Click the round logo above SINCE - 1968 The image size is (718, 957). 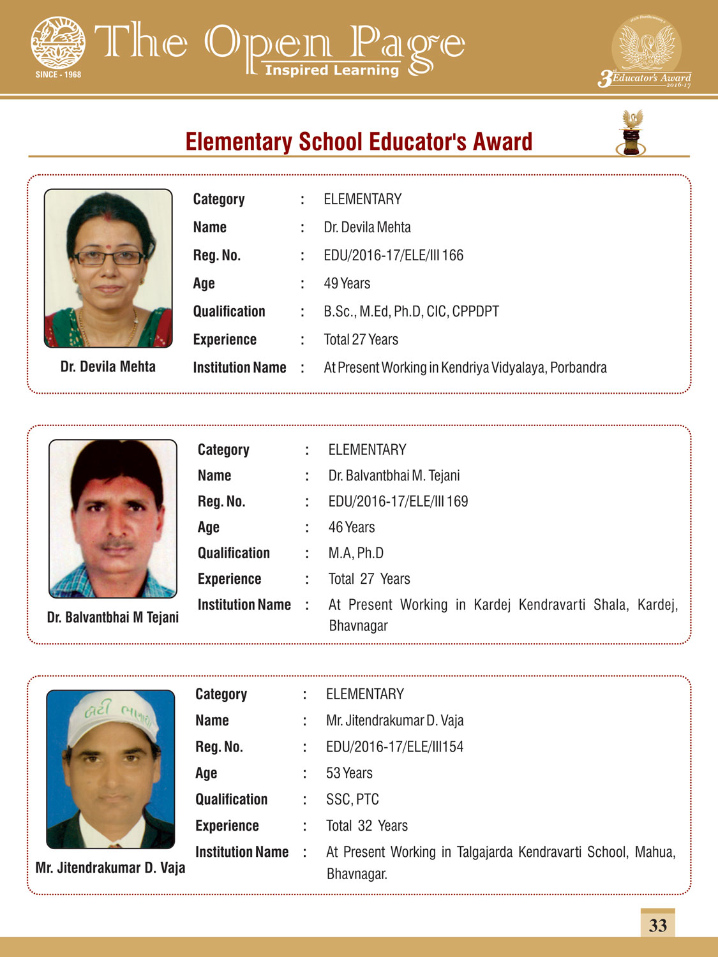(58, 43)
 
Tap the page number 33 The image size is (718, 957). (657, 925)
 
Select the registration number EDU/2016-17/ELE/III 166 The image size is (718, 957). (393, 255)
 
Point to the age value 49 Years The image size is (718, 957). (347, 283)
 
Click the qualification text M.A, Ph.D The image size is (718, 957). (355, 553)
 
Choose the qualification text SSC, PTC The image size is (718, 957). (352, 799)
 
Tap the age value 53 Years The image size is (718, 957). (349, 773)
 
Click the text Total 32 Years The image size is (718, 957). (366, 826)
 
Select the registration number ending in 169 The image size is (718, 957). (398, 501)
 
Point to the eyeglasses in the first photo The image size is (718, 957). (109, 258)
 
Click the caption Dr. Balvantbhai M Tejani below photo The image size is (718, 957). (113, 618)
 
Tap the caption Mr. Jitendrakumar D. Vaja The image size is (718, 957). (110, 868)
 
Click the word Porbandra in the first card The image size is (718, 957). (578, 367)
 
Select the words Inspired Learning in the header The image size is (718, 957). (332, 70)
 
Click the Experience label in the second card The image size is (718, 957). (229, 579)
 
